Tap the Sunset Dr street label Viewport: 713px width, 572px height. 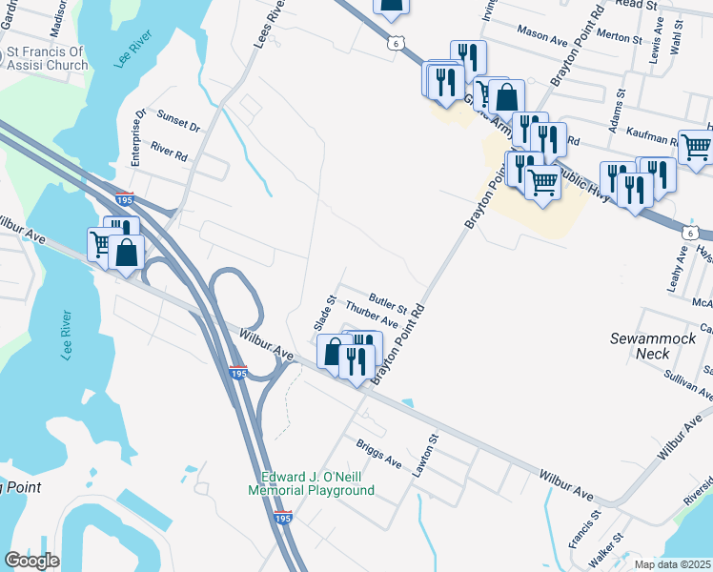(x=179, y=126)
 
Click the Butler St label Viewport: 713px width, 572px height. (x=389, y=304)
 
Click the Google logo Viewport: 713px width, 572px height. (x=31, y=561)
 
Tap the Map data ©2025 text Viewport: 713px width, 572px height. (x=673, y=564)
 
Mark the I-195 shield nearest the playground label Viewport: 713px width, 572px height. (x=282, y=516)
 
